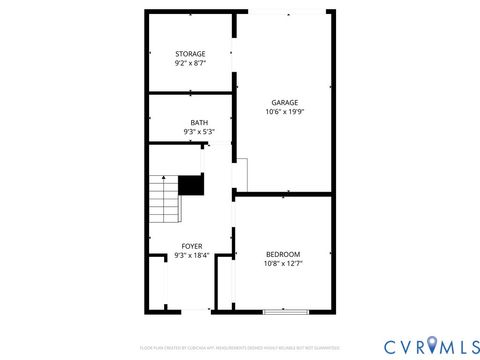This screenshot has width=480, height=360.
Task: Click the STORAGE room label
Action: pyautogui.click(x=190, y=53)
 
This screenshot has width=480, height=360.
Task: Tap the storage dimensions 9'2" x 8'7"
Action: pyautogui.click(x=190, y=63)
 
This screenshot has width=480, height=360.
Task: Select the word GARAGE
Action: pyautogui.click(x=285, y=102)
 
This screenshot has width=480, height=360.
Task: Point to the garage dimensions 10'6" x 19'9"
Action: pyautogui.click(x=285, y=112)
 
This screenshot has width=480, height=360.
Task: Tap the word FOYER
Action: pyautogui.click(x=191, y=245)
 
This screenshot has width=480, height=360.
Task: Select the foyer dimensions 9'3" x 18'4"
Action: pyautogui.click(x=191, y=255)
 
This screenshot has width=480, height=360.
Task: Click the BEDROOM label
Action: pyautogui.click(x=283, y=254)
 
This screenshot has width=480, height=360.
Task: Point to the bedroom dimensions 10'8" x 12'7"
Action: pyautogui.click(x=283, y=264)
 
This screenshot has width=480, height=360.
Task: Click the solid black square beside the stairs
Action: pyautogui.click(x=191, y=185)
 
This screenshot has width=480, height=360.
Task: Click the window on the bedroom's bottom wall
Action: pyautogui.click(x=284, y=312)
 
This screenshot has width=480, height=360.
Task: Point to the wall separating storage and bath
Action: pyautogui.click(x=190, y=95)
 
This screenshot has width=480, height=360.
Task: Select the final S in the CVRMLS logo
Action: pyautogui.click(x=470, y=345)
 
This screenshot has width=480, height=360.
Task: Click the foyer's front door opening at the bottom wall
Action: pyautogui.click(x=195, y=312)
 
